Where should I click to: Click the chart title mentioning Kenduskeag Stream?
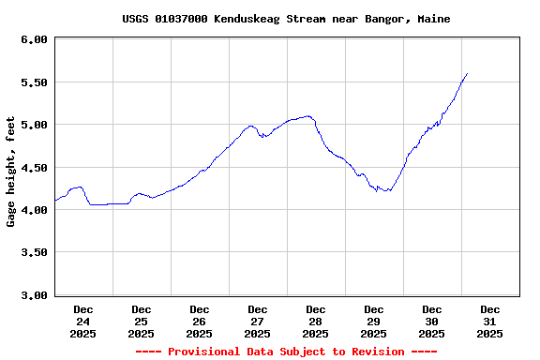click(x=286, y=19)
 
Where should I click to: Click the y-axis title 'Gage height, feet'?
click(x=11, y=172)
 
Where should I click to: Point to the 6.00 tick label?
click(x=34, y=39)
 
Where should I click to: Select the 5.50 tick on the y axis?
click(x=34, y=82)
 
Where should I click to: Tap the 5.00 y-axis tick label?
click(x=34, y=125)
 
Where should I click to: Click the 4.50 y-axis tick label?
click(x=34, y=168)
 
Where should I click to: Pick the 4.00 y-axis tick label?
click(x=34, y=210)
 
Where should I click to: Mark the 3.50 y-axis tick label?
click(x=34, y=253)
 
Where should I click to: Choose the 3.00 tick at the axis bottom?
click(x=34, y=295)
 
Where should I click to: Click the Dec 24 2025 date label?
click(x=83, y=321)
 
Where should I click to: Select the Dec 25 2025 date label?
click(x=142, y=321)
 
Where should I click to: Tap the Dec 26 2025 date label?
click(x=200, y=321)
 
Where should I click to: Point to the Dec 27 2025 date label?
click(x=258, y=321)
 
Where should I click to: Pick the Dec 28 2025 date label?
click(x=316, y=321)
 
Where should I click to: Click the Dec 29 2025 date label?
click(x=374, y=321)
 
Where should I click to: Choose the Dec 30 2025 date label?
click(x=432, y=321)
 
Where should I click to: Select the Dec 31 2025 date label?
click(x=490, y=321)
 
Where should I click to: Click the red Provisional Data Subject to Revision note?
click(x=286, y=352)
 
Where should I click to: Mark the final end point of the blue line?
click(x=467, y=73)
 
